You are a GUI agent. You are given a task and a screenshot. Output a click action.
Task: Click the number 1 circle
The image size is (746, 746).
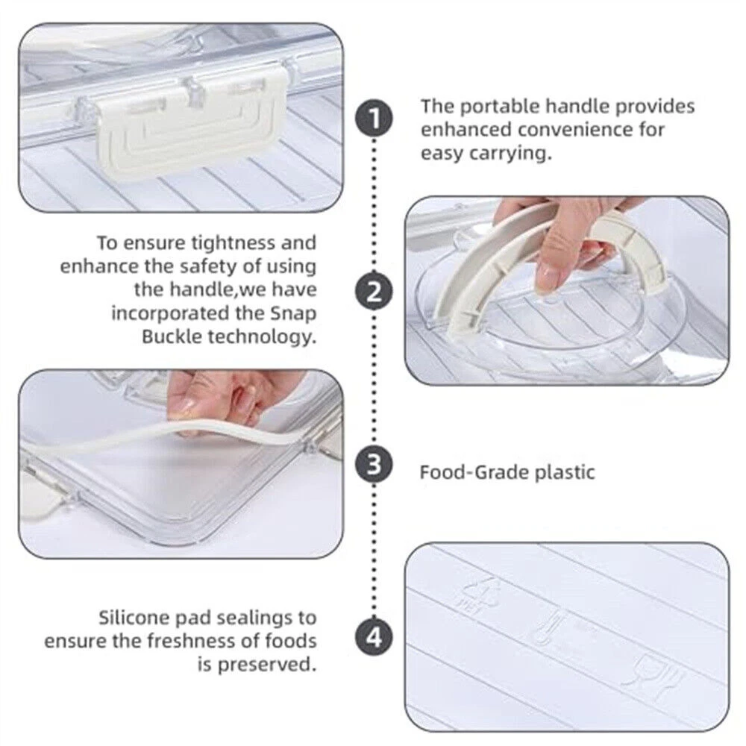pyautogui.click(x=374, y=119)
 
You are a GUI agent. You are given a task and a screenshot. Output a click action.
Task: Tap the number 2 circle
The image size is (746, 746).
pyautogui.click(x=374, y=292)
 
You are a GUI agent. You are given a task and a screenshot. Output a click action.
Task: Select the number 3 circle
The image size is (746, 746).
pyautogui.click(x=374, y=464)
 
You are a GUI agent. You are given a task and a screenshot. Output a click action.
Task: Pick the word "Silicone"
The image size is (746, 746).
pyautogui.click(x=134, y=618)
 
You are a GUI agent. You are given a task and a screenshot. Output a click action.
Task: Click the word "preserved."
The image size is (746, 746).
pyautogui.click(x=267, y=665)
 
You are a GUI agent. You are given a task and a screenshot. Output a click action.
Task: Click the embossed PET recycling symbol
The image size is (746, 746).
pyautogui.click(x=479, y=595)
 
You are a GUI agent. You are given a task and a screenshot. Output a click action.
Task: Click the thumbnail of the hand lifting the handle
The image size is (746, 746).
pyautogui.click(x=567, y=290)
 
